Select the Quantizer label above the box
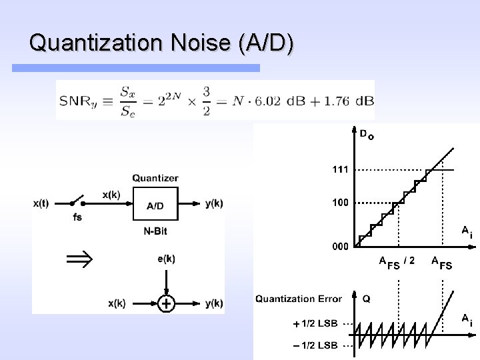coord(155,178)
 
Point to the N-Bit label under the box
coord(155,232)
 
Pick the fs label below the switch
coord(77,217)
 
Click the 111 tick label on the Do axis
coord(340,170)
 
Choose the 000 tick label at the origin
coord(340,246)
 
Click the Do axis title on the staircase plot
coord(367,135)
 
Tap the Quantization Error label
coord(298,299)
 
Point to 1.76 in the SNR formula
coord(340,101)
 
